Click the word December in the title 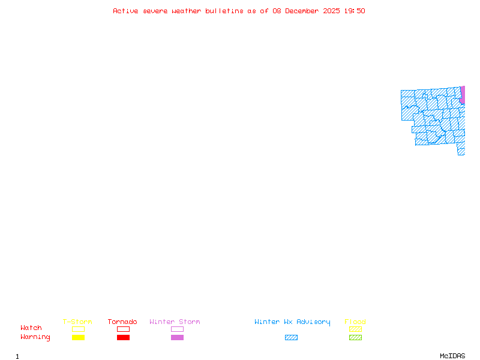click(302, 11)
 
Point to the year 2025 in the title click(331, 11)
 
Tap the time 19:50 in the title click(355, 11)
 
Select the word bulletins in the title click(224, 11)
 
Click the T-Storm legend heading click(77, 322)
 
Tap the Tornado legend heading click(122, 322)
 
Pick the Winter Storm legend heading click(175, 322)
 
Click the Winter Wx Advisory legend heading click(292, 322)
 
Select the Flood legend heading click(355, 322)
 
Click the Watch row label click(31, 328)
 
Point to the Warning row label click(35, 337)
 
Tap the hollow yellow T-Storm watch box click(79, 329)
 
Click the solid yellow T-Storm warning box click(79, 337)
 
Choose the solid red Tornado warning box click(124, 337)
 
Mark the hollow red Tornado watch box click(124, 329)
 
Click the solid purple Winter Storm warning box click(177, 337)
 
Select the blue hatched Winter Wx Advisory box click(291, 337)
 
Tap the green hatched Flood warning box click(355, 337)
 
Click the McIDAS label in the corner click(452, 356)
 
